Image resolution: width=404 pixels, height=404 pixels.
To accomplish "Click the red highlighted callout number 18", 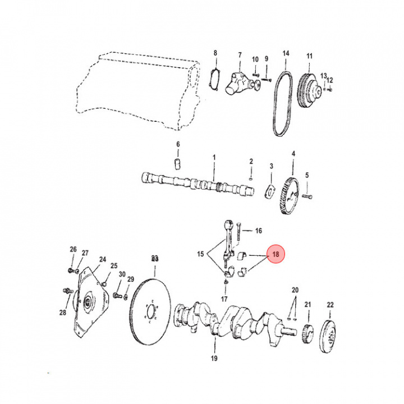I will (276, 254).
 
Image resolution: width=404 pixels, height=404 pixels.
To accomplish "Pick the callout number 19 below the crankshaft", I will (214, 358).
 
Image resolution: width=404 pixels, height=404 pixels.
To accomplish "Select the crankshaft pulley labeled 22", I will (329, 336).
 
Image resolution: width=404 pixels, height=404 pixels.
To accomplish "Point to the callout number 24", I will (103, 259).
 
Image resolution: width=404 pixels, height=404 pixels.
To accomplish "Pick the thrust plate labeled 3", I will (270, 190).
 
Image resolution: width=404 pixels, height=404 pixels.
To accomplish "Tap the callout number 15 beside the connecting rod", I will (200, 255).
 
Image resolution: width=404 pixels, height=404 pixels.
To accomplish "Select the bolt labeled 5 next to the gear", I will (308, 196).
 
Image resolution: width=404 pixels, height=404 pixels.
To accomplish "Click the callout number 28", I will (63, 313).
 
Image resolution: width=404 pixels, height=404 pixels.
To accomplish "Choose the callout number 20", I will (295, 290).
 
